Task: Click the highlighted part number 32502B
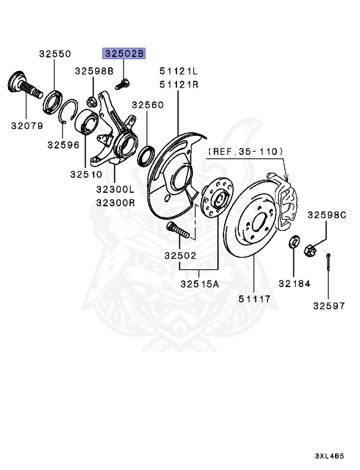[x=124, y=53]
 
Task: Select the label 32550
[x=55, y=54]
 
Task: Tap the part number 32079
[x=27, y=125]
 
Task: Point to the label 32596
[x=63, y=145]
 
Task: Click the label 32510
[x=86, y=174]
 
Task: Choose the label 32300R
[x=116, y=203]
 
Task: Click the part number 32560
[x=148, y=105]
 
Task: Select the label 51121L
[x=179, y=72]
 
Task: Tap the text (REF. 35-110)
[x=246, y=151]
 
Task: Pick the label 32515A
[x=200, y=283]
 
